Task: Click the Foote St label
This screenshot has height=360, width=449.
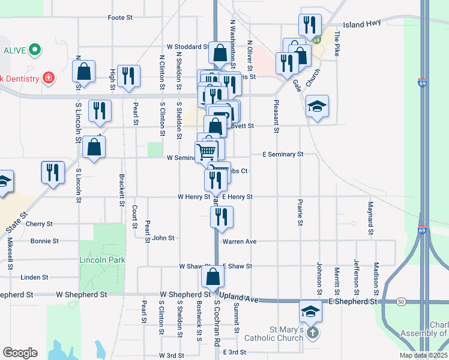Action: (x=120, y=18)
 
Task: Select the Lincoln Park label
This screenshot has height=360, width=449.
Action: (x=102, y=260)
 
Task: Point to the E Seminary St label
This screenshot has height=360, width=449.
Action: (x=283, y=154)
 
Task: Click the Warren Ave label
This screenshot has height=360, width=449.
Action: (x=240, y=242)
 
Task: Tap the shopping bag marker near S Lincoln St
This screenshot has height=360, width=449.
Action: (x=83, y=71)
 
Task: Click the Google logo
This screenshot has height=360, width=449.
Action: (x=20, y=353)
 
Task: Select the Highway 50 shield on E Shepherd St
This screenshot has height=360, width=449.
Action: (x=400, y=301)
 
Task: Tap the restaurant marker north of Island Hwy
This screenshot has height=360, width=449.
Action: (x=310, y=25)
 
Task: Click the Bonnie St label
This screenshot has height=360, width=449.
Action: (x=44, y=241)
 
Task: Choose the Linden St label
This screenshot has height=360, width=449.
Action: (x=34, y=277)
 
